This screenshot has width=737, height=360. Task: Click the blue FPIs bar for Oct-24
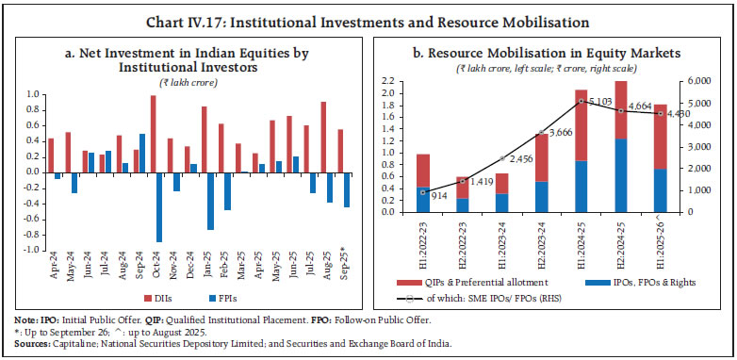tap(159, 206)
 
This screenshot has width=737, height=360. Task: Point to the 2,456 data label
tap(509, 159)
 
